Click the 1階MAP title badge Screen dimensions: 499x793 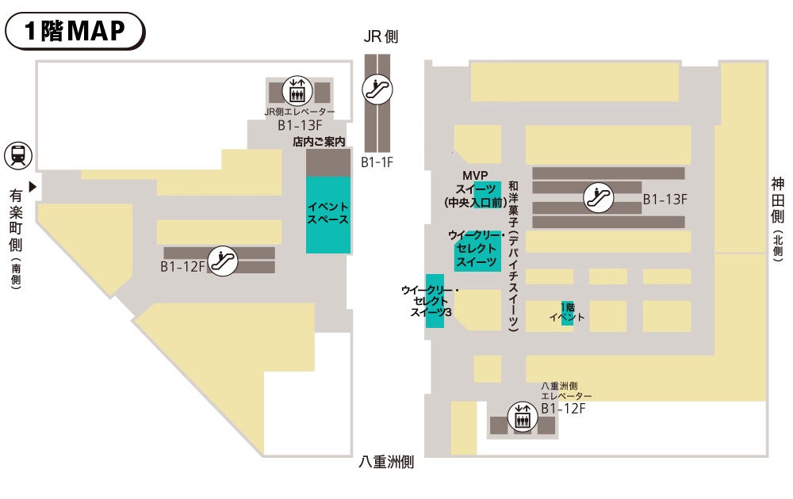(x=75, y=31)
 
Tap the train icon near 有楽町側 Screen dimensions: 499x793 (x=17, y=154)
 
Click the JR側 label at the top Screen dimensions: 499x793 (x=381, y=36)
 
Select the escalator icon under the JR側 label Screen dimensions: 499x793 (x=377, y=89)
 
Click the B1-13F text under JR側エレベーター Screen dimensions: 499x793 (x=299, y=125)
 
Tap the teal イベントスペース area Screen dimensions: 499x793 (x=328, y=214)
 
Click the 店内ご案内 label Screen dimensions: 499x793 (x=320, y=143)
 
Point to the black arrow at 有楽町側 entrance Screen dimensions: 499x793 (x=33, y=187)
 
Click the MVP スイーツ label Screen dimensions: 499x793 (x=475, y=189)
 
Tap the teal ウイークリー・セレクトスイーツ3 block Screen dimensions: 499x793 (x=434, y=301)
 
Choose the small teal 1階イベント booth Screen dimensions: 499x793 (x=567, y=313)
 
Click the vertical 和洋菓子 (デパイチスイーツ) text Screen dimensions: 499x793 (x=513, y=253)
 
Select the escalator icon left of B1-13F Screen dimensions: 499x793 (x=599, y=197)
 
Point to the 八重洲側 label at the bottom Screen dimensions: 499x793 (x=386, y=463)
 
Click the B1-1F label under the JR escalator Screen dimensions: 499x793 (x=377, y=162)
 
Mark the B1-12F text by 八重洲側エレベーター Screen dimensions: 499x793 (x=563, y=409)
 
